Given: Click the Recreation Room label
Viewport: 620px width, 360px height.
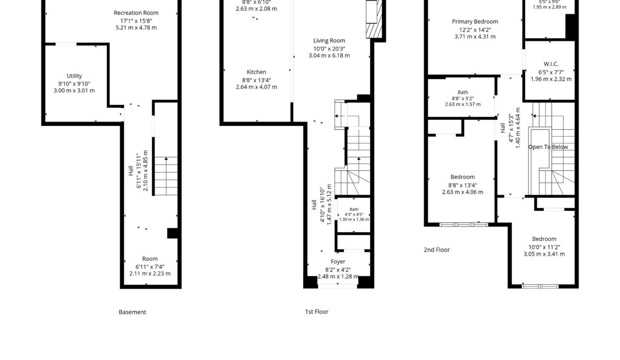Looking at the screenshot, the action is (x=136, y=12).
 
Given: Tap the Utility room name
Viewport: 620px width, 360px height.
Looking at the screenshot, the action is (x=74, y=76).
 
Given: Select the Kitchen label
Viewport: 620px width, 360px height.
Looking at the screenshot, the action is (x=256, y=72).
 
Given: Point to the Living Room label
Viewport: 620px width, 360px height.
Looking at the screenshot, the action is (x=329, y=40).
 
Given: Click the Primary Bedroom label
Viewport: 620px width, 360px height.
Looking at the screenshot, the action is (x=475, y=21).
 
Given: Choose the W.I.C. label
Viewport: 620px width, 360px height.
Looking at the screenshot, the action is (x=551, y=64).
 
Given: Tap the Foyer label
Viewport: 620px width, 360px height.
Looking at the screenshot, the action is (x=338, y=262).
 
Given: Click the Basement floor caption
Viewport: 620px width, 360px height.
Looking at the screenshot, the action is (x=132, y=312).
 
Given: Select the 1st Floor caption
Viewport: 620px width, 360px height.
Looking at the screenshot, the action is (x=316, y=312).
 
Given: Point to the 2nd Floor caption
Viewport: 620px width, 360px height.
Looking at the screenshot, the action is (x=437, y=250).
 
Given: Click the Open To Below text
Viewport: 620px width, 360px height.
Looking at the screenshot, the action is (x=548, y=147).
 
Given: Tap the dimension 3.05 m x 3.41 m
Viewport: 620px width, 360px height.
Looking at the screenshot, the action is (x=544, y=254).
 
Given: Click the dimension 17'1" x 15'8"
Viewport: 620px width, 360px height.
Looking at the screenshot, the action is (x=136, y=21).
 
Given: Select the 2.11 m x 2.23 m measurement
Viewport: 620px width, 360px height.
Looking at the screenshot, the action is (x=149, y=273).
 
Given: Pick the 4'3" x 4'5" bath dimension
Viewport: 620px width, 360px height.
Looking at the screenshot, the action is (x=353, y=214).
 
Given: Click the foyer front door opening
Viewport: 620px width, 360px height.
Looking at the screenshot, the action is (x=337, y=286).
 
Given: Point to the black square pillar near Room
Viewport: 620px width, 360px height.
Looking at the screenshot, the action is (x=172, y=233).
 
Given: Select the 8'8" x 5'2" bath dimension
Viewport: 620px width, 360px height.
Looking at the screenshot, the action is (x=463, y=98).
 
